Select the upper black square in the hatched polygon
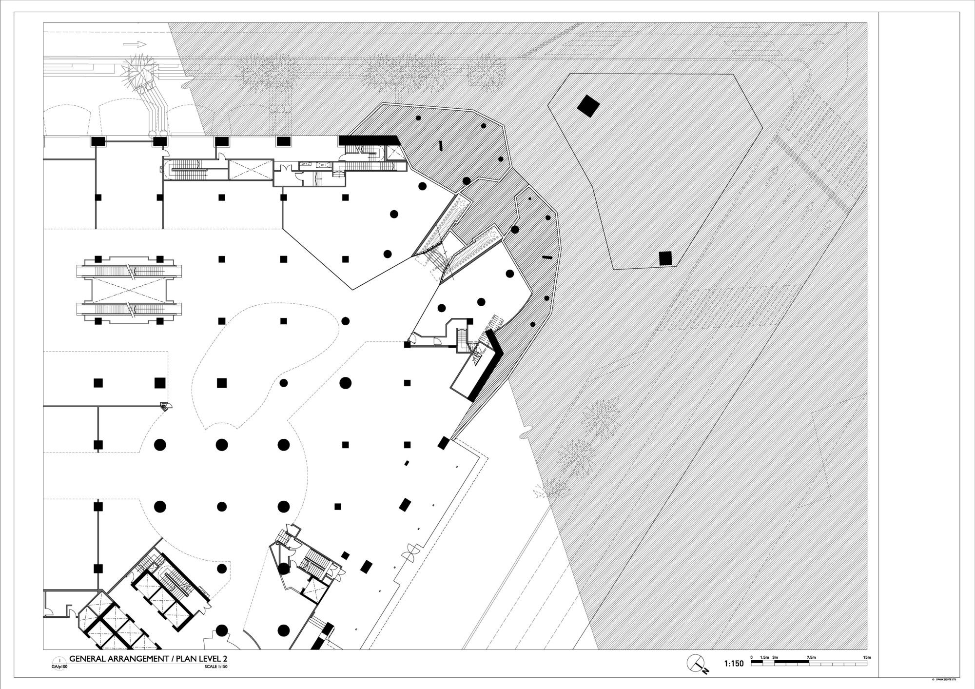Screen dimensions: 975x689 (588, 105)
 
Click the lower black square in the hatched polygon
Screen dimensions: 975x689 (665, 258)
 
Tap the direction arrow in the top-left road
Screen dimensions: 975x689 (135, 44)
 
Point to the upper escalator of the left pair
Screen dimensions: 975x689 (129, 269)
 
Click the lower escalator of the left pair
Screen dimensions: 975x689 (129, 309)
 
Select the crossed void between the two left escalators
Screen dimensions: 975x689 (129, 289)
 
